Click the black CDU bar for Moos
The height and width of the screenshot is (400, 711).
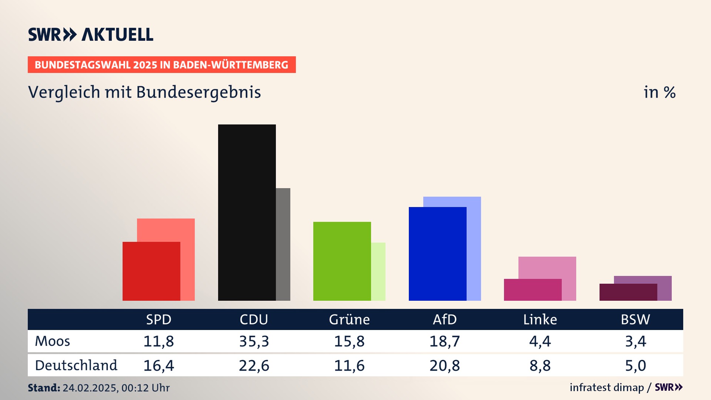(x=247, y=212)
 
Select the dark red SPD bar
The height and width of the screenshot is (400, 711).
(x=151, y=271)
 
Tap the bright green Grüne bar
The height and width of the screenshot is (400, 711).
(x=342, y=261)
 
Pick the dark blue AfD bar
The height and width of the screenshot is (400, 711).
(x=437, y=254)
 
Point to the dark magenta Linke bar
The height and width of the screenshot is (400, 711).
(x=533, y=290)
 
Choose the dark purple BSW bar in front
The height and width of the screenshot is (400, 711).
(x=628, y=292)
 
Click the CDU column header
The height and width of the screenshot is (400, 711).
(x=254, y=319)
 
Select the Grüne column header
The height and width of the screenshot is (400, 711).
(x=349, y=319)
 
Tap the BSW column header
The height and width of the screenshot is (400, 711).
(x=635, y=319)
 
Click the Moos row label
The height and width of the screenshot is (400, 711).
(x=52, y=341)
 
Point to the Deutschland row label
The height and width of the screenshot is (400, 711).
(x=76, y=366)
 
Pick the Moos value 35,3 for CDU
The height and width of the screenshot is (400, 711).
(x=254, y=341)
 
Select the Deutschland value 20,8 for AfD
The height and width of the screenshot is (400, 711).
(x=444, y=366)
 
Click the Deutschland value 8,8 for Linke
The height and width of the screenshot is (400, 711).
(x=540, y=366)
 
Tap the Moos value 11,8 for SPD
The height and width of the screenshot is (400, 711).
(x=158, y=341)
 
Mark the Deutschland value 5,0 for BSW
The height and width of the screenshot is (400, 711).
(x=635, y=366)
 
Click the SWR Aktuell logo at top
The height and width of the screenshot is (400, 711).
(x=91, y=34)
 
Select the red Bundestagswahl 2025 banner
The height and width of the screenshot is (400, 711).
(x=161, y=65)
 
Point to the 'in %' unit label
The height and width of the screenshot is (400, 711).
(x=660, y=93)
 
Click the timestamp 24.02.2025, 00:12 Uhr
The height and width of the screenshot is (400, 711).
(x=116, y=388)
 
